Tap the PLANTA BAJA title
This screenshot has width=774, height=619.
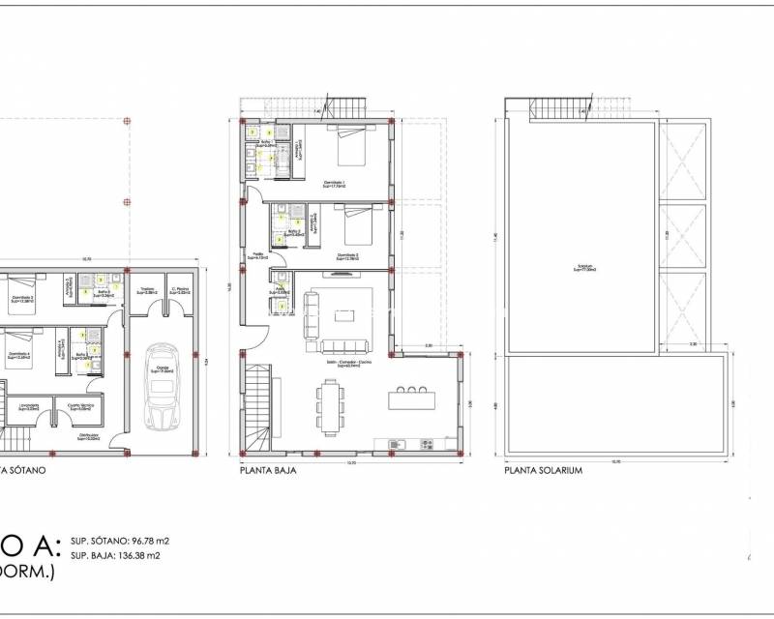[x=268, y=472]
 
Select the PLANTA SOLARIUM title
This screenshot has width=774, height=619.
[x=542, y=472]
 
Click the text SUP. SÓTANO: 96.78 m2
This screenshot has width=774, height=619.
[x=117, y=541]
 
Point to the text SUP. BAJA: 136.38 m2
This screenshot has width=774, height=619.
[x=115, y=556]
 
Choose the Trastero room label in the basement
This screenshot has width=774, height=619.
[x=147, y=290]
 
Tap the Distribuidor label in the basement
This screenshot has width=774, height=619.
[x=93, y=436]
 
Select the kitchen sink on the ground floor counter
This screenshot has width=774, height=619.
[x=395, y=444]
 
